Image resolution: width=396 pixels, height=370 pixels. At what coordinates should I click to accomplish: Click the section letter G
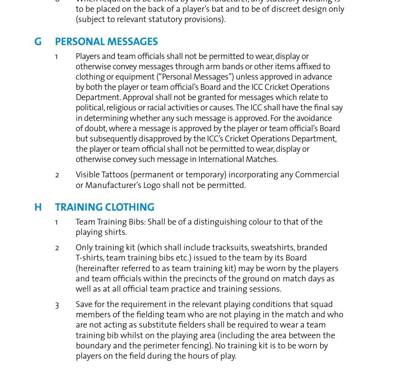pos(38,42)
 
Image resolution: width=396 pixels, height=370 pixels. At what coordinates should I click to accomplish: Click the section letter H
pos(38,207)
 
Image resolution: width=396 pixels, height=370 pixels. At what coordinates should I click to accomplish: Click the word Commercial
pos(317,175)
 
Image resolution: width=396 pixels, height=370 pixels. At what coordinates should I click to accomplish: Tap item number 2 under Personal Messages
pos(57,175)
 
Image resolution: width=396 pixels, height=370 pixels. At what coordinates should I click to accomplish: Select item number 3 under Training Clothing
pos(57,305)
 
